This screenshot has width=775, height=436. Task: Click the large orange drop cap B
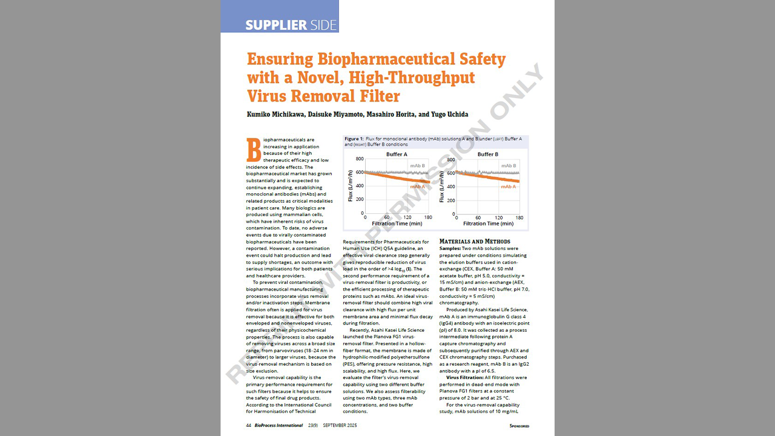coord(253,150)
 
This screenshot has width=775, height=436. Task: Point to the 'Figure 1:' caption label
coord(355,139)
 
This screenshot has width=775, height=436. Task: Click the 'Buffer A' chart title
coord(397,154)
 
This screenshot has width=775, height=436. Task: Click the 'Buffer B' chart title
coord(487,154)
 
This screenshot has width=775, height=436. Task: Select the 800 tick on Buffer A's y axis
coord(360,159)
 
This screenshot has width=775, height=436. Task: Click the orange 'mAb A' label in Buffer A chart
coord(417,187)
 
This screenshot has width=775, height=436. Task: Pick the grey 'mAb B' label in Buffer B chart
coord(509,165)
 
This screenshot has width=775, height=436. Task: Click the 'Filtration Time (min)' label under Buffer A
coord(396,224)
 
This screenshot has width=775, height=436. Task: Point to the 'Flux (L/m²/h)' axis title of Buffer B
coord(441,186)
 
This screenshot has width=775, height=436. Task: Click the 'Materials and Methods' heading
coord(475,241)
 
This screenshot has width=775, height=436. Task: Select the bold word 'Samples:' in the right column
coord(450,248)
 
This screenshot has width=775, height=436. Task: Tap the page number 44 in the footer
coord(249,425)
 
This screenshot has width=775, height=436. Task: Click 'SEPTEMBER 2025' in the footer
coord(339,425)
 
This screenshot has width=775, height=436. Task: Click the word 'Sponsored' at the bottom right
coord(519,426)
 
